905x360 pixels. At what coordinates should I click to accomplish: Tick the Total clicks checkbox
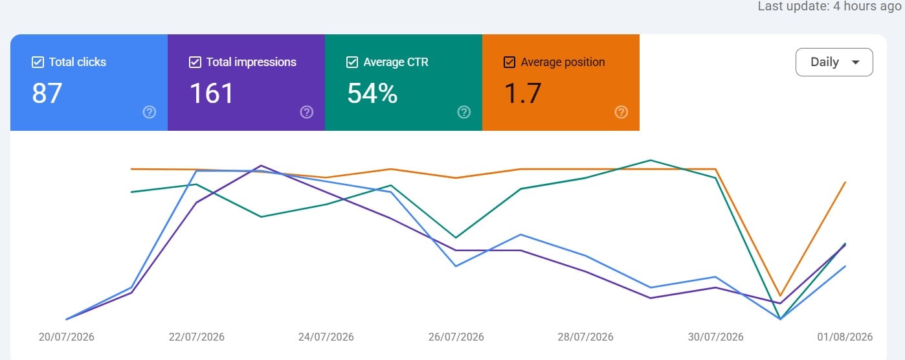(x=38, y=62)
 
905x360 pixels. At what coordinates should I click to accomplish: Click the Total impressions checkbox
(x=195, y=62)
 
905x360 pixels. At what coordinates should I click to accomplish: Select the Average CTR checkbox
(x=352, y=62)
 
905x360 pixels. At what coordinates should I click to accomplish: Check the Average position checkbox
(x=509, y=62)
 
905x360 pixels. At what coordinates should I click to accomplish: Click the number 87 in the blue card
(x=47, y=93)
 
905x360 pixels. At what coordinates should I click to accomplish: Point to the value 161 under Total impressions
(x=212, y=93)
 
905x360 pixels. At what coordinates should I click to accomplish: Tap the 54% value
(x=372, y=93)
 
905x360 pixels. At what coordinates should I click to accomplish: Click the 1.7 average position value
(x=522, y=93)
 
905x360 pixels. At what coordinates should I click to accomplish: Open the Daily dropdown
(x=834, y=62)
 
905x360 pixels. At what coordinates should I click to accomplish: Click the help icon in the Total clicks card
(x=150, y=112)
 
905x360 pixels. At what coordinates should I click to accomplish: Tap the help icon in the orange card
(x=621, y=112)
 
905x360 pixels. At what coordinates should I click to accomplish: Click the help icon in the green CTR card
(x=464, y=112)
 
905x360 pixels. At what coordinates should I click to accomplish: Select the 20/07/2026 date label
(x=66, y=337)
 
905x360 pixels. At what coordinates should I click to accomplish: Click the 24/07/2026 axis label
(x=326, y=337)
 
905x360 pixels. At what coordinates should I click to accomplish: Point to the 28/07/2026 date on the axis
(x=585, y=337)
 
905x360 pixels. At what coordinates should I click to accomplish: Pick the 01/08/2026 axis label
(x=845, y=337)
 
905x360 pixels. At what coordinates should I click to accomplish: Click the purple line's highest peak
(x=262, y=166)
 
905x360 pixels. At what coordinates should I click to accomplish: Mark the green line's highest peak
(x=651, y=161)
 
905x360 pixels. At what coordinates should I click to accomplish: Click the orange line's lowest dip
(x=780, y=295)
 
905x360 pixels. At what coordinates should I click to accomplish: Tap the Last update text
(x=829, y=6)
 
